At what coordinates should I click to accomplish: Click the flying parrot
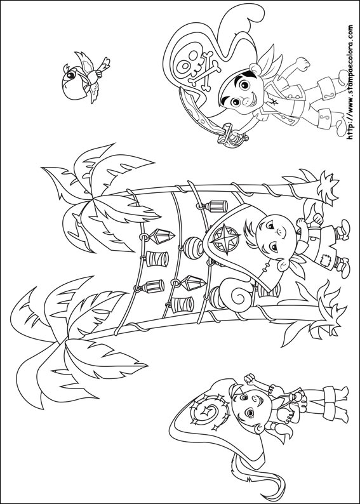(84, 78)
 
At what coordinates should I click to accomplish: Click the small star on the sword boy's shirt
(274, 103)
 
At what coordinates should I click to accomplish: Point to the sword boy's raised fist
(303, 63)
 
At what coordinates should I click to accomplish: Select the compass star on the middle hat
(226, 239)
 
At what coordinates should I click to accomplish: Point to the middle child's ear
(284, 265)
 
